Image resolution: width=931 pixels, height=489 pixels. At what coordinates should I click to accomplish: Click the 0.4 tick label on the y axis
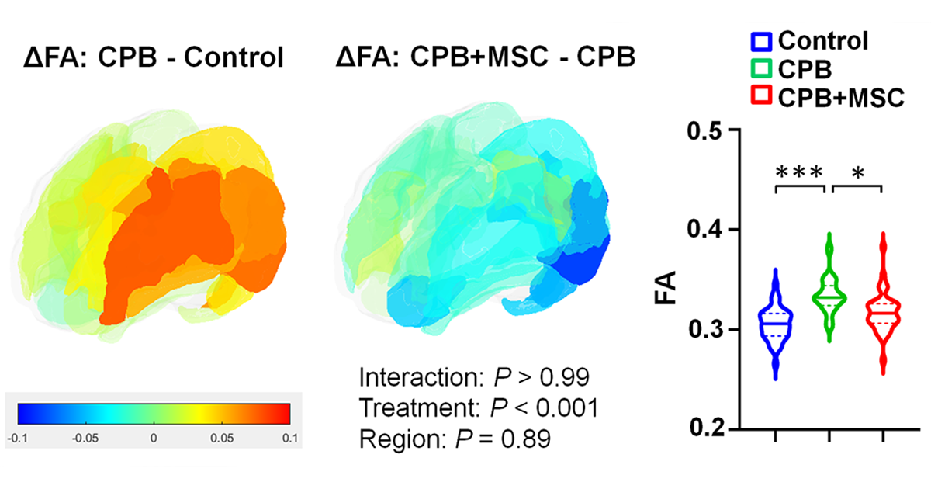click(x=708, y=231)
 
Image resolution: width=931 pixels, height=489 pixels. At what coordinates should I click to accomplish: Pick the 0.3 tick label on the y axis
click(x=708, y=330)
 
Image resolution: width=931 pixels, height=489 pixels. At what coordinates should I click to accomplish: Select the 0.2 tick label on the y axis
click(x=708, y=429)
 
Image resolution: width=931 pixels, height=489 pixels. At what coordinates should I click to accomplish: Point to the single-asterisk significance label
click(x=857, y=172)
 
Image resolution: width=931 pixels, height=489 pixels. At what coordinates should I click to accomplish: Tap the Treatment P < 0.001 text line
click(x=479, y=409)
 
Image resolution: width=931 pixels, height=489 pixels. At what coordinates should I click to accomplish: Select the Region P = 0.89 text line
click(x=455, y=440)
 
